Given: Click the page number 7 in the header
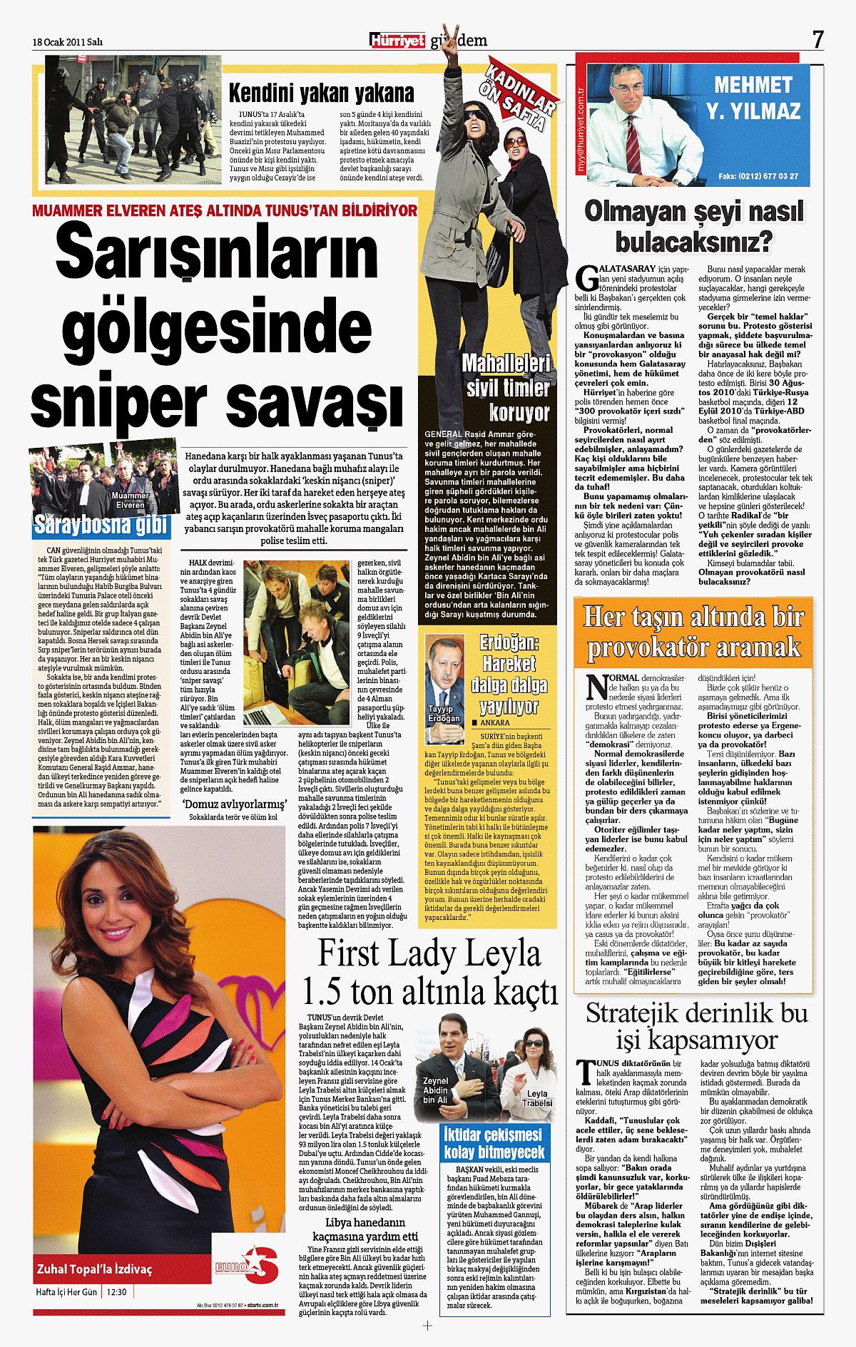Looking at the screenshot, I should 817,40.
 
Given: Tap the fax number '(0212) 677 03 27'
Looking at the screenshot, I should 768,175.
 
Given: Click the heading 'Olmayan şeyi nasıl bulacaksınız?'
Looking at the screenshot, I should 694,227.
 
